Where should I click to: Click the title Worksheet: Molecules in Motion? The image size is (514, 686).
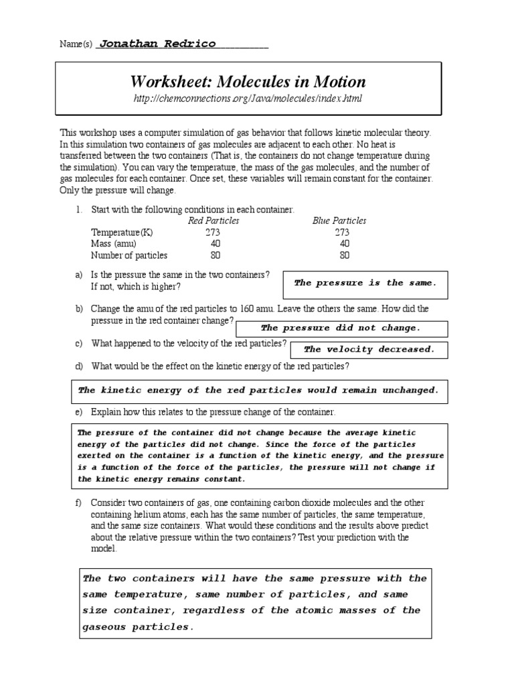(248, 82)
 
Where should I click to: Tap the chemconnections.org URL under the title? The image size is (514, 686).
(248, 99)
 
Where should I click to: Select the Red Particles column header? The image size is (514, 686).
(213, 221)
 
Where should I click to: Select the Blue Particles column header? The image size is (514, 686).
(339, 221)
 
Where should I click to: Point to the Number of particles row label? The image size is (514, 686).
(129, 255)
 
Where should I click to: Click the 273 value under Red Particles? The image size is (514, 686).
(213, 232)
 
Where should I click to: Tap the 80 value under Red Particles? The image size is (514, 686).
(215, 255)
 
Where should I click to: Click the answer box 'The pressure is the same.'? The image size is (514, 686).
(365, 283)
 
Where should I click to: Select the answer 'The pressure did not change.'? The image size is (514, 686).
(340, 328)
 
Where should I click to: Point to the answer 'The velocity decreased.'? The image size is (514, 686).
(369, 349)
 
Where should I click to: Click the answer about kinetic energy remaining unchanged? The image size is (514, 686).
(258, 391)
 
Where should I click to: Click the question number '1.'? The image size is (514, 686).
(78, 210)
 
